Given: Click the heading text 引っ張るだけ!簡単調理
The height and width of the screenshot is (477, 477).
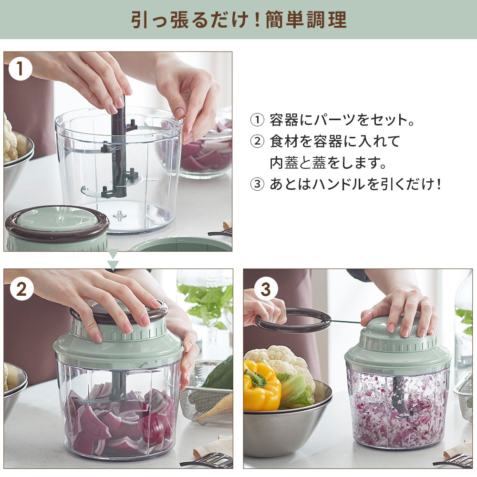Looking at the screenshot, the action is [x=239, y=20].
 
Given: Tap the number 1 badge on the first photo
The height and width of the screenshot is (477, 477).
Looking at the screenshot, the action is [x=21, y=69].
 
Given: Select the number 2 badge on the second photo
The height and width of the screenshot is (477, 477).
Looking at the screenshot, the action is [x=21, y=289].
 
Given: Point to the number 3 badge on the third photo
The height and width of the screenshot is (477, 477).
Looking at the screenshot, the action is [x=266, y=289].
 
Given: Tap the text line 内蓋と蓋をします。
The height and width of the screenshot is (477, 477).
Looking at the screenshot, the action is [x=328, y=163].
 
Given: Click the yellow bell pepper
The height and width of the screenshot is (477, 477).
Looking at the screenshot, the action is [x=261, y=386].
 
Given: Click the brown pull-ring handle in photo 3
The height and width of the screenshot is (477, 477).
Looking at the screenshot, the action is [x=293, y=321].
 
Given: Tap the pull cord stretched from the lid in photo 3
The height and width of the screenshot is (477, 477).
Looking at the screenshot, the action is [x=346, y=321].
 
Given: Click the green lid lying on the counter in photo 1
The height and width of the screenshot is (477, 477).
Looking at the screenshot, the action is [x=57, y=228].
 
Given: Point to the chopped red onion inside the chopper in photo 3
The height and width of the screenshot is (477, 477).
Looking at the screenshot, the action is [x=397, y=409].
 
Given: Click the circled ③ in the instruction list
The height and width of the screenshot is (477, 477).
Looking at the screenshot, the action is [x=257, y=184].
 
